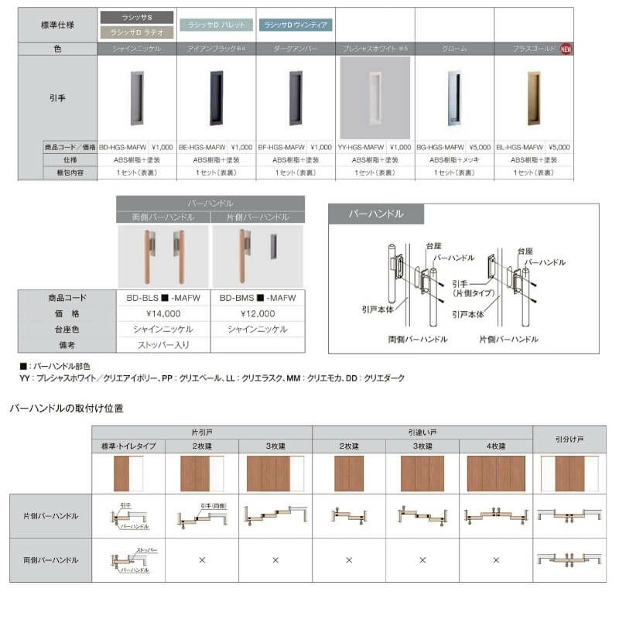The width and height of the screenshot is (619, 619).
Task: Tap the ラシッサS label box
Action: [137, 16]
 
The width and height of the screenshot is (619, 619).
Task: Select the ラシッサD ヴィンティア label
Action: [296, 25]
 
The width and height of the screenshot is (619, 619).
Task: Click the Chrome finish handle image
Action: [454, 97]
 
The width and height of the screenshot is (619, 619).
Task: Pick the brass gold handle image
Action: [533, 97]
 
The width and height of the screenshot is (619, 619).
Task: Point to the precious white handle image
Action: [374, 97]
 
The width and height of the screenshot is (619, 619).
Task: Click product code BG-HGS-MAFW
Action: [439, 146]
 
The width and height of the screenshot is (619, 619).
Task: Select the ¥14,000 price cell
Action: [163, 313]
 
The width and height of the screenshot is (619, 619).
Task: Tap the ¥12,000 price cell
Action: [258, 313]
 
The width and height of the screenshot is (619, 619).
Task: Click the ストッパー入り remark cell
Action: [163, 345]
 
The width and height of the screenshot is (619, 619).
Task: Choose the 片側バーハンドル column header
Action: [258, 217]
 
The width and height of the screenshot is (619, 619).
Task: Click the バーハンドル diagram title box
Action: [376, 214]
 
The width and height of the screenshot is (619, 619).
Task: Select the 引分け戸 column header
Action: [569, 439]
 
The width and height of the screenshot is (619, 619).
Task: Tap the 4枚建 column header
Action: [496, 446]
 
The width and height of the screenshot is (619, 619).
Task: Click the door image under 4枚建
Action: [496, 474]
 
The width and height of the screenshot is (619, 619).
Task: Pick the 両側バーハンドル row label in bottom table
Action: [50, 558]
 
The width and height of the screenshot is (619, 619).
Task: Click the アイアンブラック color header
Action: [216, 48]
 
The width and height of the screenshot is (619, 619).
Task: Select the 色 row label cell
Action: [58, 48]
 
